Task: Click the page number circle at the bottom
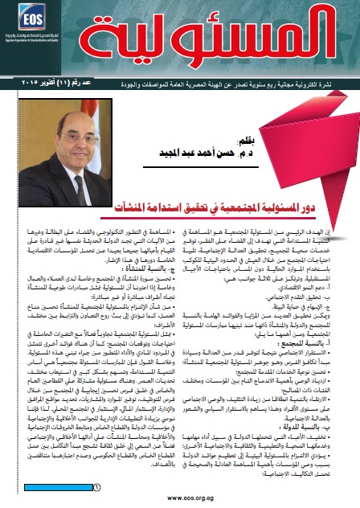[x=96, y=464]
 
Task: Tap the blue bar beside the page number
[x=48, y=464]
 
